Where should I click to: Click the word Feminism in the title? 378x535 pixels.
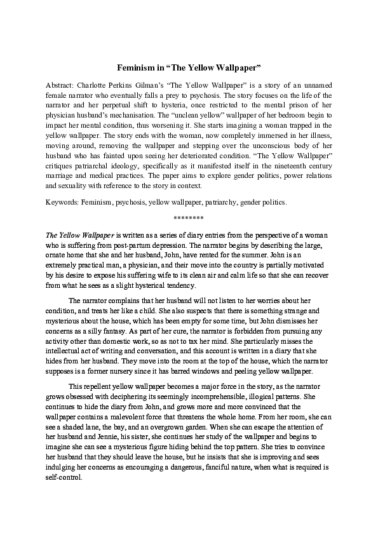134,66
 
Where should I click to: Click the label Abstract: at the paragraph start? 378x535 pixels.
62,85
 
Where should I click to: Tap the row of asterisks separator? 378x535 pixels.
189,218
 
